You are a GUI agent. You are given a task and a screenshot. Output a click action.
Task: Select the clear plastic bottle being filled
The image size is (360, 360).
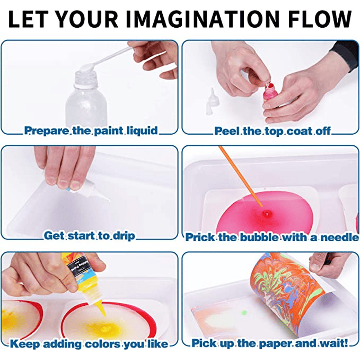point(86,97)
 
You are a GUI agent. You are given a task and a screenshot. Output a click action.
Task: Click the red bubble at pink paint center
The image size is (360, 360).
point(265,214)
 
